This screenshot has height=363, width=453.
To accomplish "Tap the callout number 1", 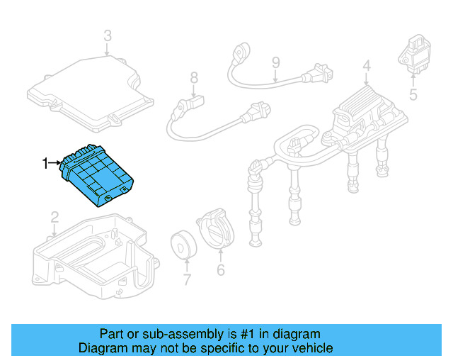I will (46, 164).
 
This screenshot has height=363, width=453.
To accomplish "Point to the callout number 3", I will (107, 35).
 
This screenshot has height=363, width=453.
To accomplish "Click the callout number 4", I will (366, 67).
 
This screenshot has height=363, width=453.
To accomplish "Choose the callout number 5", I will (413, 92).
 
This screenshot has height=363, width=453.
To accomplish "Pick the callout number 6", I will (220, 269).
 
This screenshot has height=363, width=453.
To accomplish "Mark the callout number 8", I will (193, 77).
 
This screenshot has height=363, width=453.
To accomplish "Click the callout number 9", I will (275, 63).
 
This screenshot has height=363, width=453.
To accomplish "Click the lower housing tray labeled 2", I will (92, 255).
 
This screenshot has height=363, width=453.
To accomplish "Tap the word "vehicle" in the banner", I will (312, 348).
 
